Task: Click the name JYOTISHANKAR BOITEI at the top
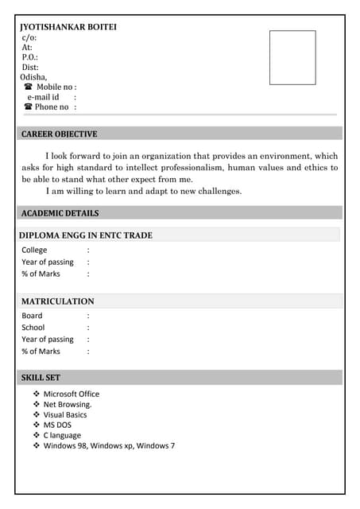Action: point(68,27)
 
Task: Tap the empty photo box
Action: point(292,57)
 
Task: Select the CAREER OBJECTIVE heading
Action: point(59,134)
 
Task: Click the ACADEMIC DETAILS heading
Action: point(60,213)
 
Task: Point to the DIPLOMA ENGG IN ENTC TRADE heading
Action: point(86,235)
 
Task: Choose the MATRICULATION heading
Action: point(57,301)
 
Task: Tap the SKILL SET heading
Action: point(41,378)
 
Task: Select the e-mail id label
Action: point(43,97)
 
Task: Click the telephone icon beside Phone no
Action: point(28,107)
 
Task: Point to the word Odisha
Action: point(33,77)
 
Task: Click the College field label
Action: point(34,250)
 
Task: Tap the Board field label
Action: point(32,316)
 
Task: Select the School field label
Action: point(33,327)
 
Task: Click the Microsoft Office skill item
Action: point(72,394)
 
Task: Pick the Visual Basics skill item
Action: point(65,414)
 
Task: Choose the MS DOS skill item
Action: point(57,425)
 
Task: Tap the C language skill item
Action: point(62,435)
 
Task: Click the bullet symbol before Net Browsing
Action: point(37,404)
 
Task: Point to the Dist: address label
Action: point(30,68)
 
